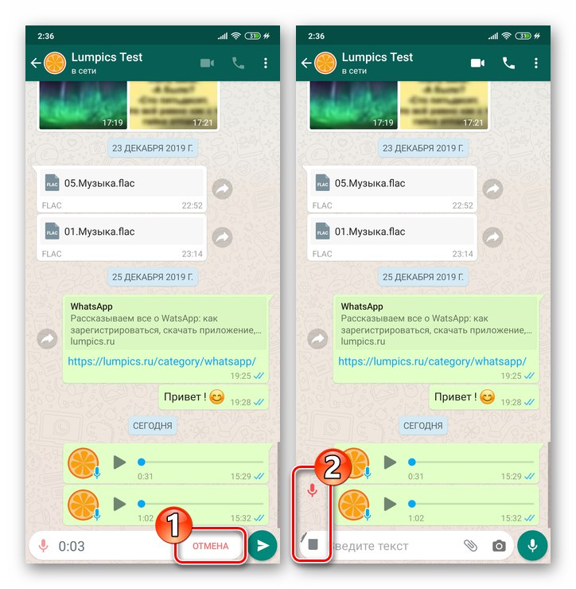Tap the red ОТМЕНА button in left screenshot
210,545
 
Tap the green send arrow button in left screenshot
263,545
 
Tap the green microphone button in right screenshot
532,545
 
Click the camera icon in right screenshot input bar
499,546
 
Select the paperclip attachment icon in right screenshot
471,546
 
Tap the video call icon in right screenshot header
478,63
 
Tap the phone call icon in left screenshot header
238,63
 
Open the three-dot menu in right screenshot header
535,63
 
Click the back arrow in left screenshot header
36,63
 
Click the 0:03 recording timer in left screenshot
72,546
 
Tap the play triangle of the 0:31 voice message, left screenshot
119,462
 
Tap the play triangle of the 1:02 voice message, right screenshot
390,503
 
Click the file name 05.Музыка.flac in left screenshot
100,183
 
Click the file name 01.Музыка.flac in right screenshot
371,232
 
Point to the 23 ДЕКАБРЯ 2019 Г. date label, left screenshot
152,147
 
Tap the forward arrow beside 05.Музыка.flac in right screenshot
492,189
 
